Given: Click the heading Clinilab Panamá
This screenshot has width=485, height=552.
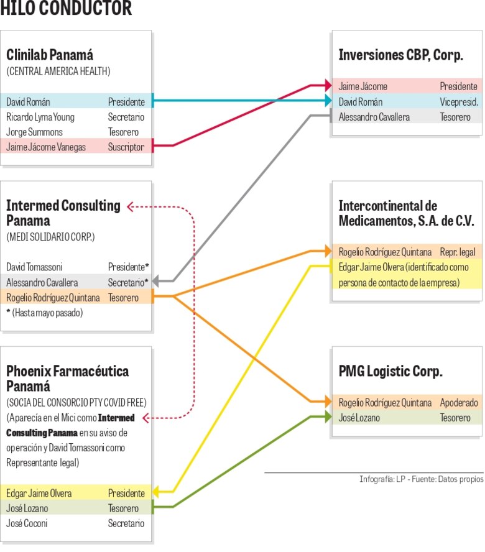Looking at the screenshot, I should click(x=50, y=55).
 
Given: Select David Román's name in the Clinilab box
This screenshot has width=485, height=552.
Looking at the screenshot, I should click(x=29, y=101).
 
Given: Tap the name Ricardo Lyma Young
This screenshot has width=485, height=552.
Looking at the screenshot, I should click(x=40, y=117).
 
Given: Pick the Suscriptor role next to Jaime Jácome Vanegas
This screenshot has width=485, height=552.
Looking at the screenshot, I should click(x=126, y=147).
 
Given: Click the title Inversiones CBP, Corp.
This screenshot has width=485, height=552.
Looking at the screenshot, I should click(x=401, y=55).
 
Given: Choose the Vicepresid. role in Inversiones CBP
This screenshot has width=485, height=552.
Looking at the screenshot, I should click(x=458, y=102).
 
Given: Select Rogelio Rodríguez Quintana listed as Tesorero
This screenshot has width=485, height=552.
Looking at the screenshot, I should click(x=53, y=298).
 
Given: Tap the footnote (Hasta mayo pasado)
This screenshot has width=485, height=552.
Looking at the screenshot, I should click(x=45, y=313).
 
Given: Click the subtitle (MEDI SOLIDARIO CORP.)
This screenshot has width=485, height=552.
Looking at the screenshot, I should click(x=50, y=237).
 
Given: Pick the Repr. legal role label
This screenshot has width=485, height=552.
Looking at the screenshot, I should click(x=458, y=252).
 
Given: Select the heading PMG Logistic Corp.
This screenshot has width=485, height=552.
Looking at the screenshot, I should click(x=390, y=372).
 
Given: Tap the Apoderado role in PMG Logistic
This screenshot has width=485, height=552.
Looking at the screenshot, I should click(x=459, y=402).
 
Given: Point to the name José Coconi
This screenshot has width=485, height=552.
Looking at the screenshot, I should click(x=27, y=523).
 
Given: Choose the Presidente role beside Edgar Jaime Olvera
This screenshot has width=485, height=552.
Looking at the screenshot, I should click(x=126, y=493).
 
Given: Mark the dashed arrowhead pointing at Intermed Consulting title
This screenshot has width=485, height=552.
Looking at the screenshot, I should click(x=129, y=206).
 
